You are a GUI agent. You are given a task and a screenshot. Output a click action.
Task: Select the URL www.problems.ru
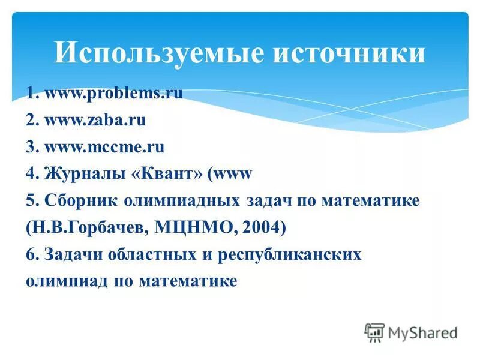[113, 94]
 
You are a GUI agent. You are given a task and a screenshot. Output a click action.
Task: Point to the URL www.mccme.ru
[104, 146]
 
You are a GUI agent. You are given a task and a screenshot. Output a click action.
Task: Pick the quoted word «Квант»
[164, 173]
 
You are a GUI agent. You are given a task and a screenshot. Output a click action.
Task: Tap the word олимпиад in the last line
[67, 281]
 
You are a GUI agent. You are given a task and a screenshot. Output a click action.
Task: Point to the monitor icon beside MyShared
[374, 332]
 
